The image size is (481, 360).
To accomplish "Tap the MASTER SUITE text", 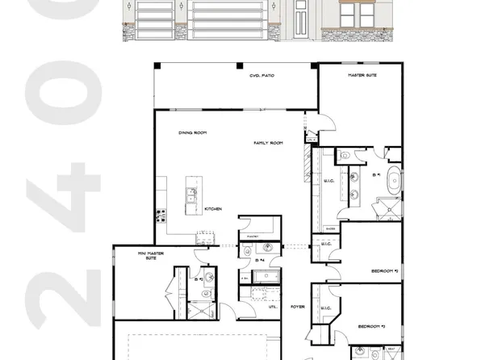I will pos(362,75).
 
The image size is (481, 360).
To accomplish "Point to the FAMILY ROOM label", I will pos(268,143).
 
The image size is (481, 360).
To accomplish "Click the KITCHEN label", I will pos(213,209).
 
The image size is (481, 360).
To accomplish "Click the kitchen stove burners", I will pos(161,215).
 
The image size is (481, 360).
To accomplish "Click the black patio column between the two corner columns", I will pos(236,65).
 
